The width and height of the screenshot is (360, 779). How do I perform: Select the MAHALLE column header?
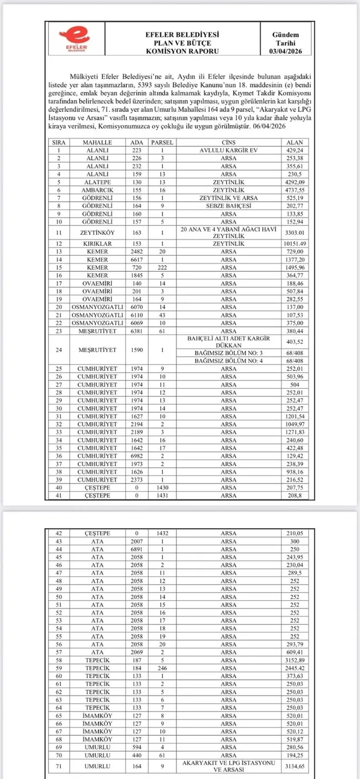(x=97, y=142)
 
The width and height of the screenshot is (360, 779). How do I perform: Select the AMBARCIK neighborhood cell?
(x=97, y=189)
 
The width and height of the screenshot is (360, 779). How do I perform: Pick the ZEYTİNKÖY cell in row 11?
(x=97, y=233)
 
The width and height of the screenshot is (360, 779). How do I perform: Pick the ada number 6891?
(x=137, y=549)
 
